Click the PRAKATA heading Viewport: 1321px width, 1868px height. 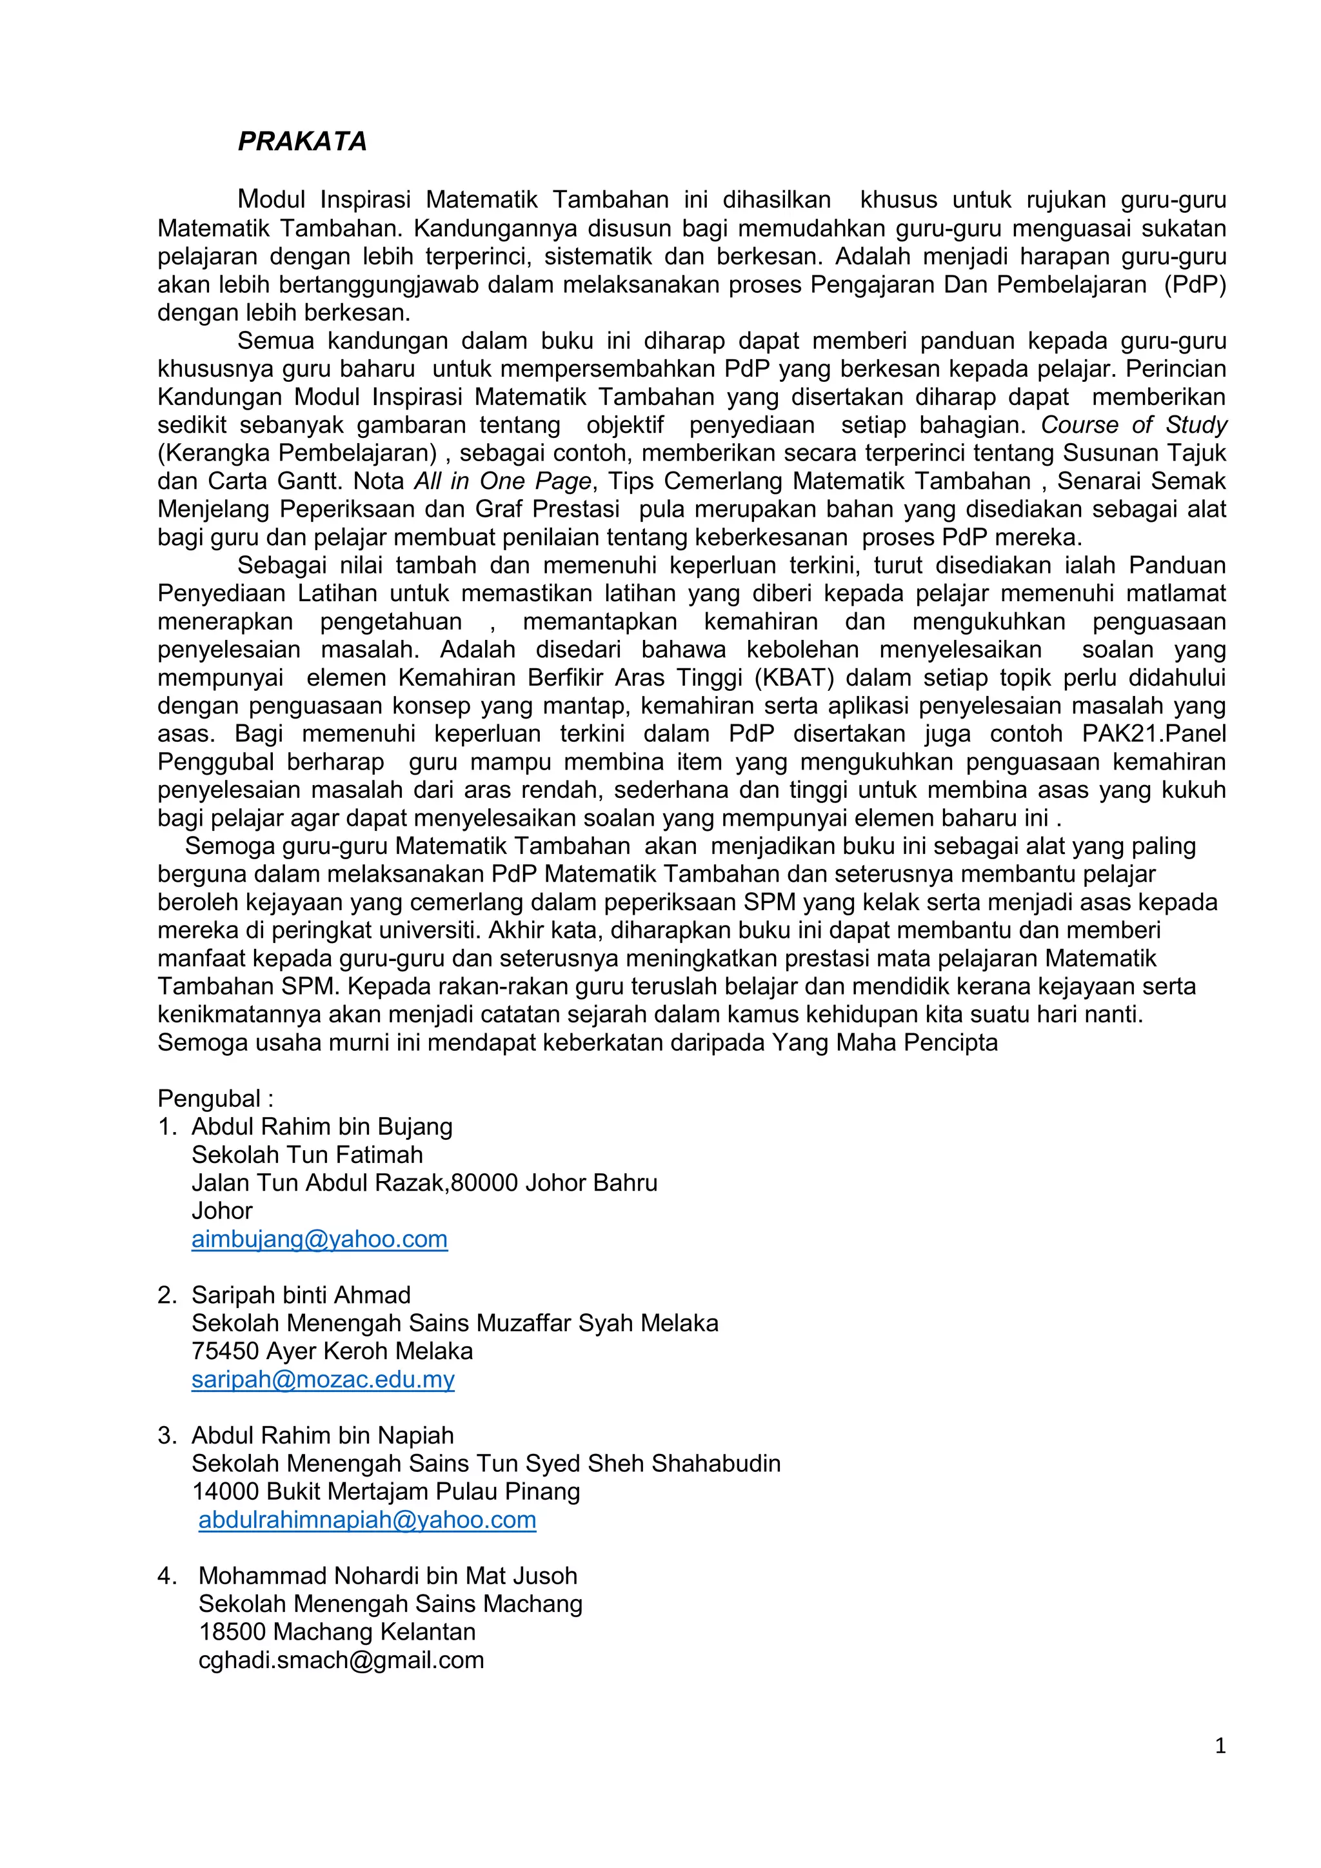click(302, 141)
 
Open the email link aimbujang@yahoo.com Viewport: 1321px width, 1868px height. click(320, 1239)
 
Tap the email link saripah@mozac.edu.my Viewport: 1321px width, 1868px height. click(323, 1379)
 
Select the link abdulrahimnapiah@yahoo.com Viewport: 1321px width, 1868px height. click(367, 1520)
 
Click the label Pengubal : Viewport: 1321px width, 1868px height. click(215, 1098)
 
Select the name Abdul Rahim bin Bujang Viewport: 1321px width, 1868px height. click(322, 1127)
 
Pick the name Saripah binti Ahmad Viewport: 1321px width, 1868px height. click(301, 1295)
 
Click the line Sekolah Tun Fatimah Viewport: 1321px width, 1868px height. click(308, 1155)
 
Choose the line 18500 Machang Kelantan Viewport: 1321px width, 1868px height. click(337, 1632)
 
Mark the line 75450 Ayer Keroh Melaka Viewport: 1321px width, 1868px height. click(332, 1351)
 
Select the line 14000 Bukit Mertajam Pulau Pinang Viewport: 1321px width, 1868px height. click(386, 1491)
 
